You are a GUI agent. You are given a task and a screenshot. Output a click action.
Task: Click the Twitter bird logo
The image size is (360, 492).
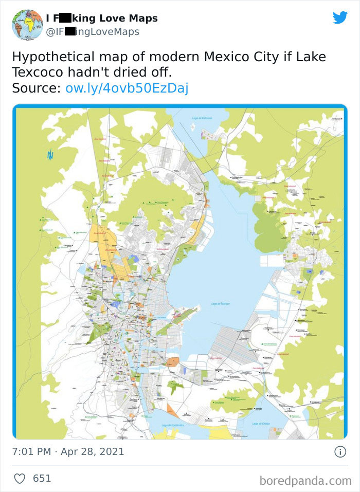coord(340,17)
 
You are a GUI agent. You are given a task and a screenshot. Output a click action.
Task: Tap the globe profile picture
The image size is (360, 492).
coord(27,25)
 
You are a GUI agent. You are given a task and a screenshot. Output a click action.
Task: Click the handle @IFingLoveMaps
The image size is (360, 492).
coord(93,32)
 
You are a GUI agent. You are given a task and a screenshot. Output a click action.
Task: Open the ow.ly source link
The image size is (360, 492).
coord(127,88)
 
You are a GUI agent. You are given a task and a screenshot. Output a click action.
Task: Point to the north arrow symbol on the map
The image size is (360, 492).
coord(50,154)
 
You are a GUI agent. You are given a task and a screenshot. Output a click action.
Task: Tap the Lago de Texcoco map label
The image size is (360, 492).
coord(220,304)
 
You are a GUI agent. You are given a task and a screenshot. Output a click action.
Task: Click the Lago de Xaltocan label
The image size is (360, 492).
coord(202,118)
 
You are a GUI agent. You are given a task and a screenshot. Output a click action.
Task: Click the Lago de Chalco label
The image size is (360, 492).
coord(261,424)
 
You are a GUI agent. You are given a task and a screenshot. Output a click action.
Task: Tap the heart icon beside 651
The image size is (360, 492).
coord(20,478)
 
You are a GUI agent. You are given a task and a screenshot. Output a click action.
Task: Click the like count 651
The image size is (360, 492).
coord(42,478)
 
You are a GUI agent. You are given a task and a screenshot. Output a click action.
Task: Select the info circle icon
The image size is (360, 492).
coord(340,452)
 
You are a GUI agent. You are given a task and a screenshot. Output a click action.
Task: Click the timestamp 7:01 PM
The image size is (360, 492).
coord(31,452)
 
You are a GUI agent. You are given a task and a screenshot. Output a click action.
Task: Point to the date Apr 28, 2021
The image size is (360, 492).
coord(93,452)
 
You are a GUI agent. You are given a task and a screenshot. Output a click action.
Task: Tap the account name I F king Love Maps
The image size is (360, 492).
coord(102,19)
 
